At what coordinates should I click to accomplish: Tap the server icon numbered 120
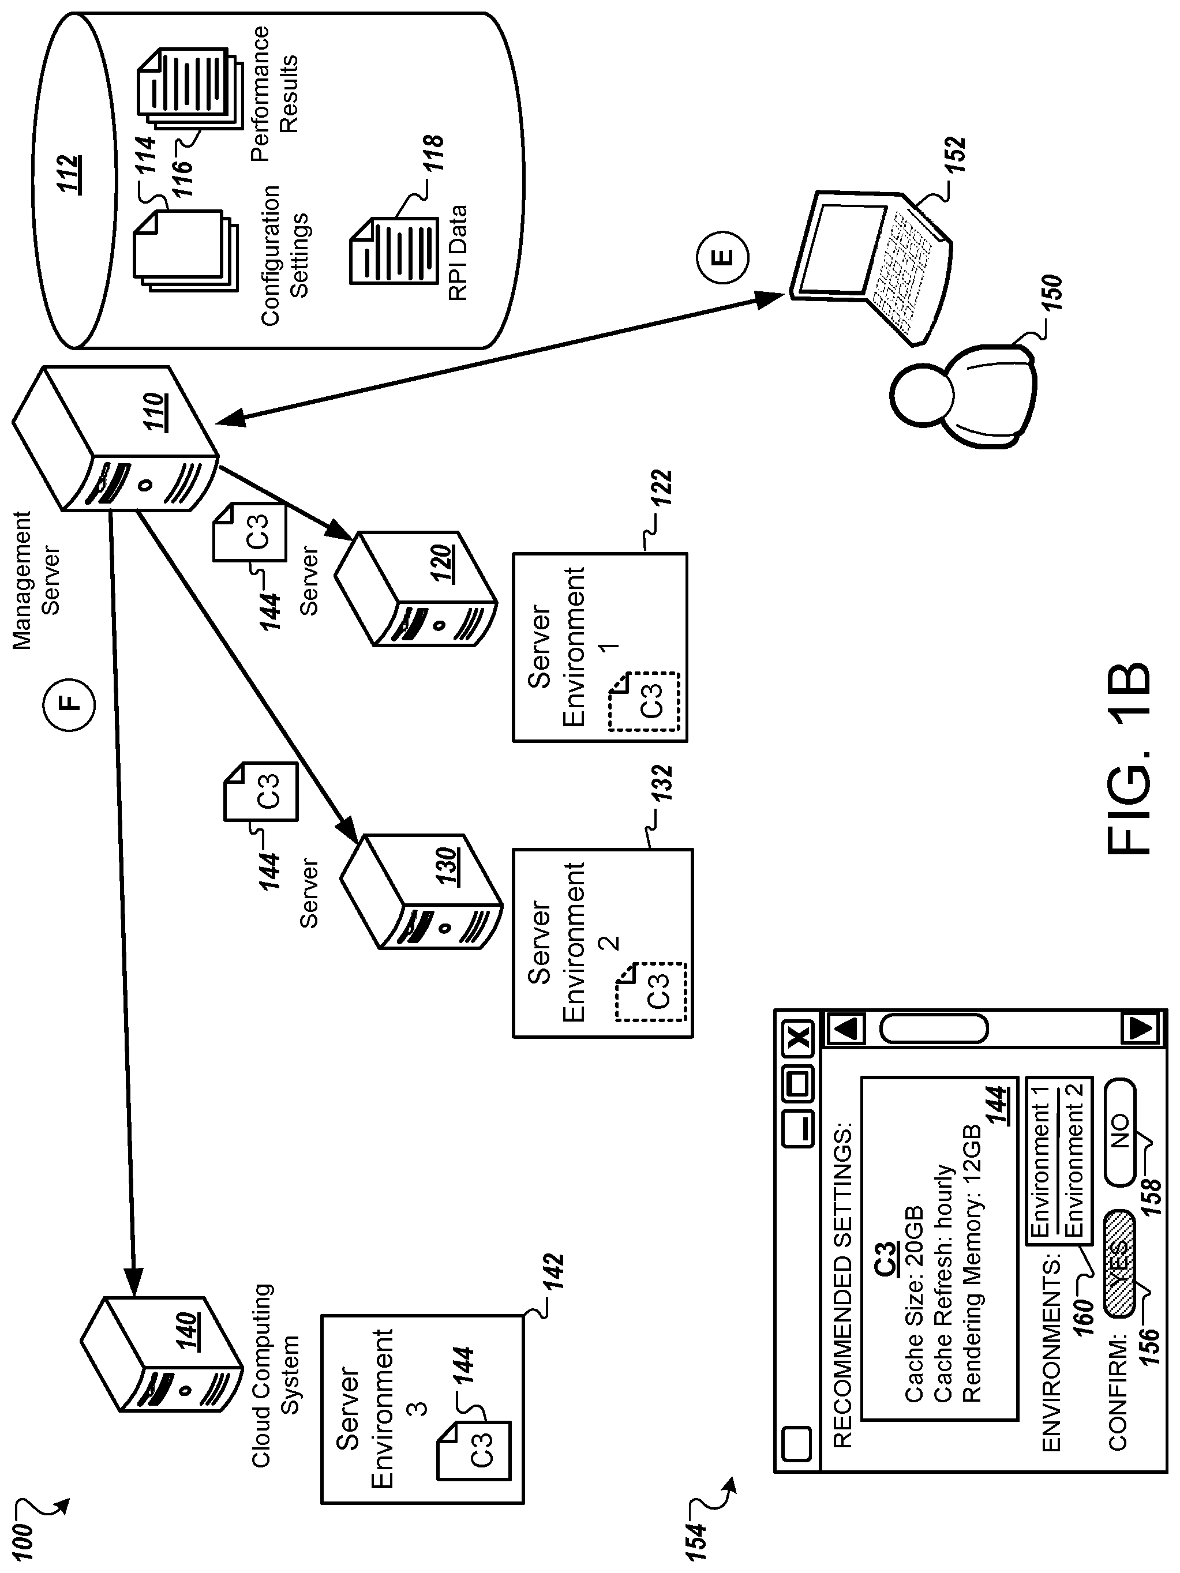pos(415,588)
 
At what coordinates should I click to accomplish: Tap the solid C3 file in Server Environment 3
pos(474,1450)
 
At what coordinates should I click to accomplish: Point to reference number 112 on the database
pos(69,174)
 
